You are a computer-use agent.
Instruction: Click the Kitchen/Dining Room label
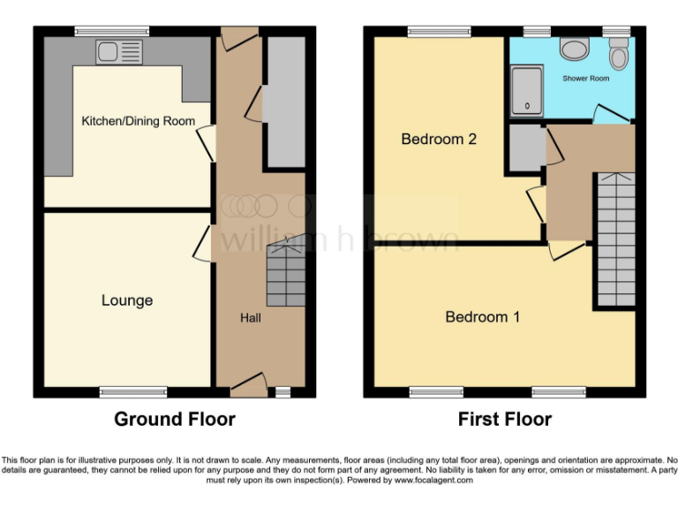click(138, 121)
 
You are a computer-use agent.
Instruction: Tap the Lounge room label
click(127, 300)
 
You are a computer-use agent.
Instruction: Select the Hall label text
click(250, 318)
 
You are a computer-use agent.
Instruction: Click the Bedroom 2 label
click(439, 139)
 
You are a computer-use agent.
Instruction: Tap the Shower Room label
click(586, 79)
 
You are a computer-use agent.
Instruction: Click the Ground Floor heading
click(174, 419)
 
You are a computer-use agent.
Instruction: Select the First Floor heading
click(504, 419)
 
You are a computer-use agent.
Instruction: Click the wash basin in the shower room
click(575, 49)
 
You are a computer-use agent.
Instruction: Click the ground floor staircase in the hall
click(285, 276)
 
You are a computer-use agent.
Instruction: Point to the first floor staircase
click(615, 239)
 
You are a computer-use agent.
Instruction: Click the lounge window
click(133, 391)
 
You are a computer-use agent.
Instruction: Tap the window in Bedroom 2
click(438, 32)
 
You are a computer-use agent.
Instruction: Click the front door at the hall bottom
click(249, 383)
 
